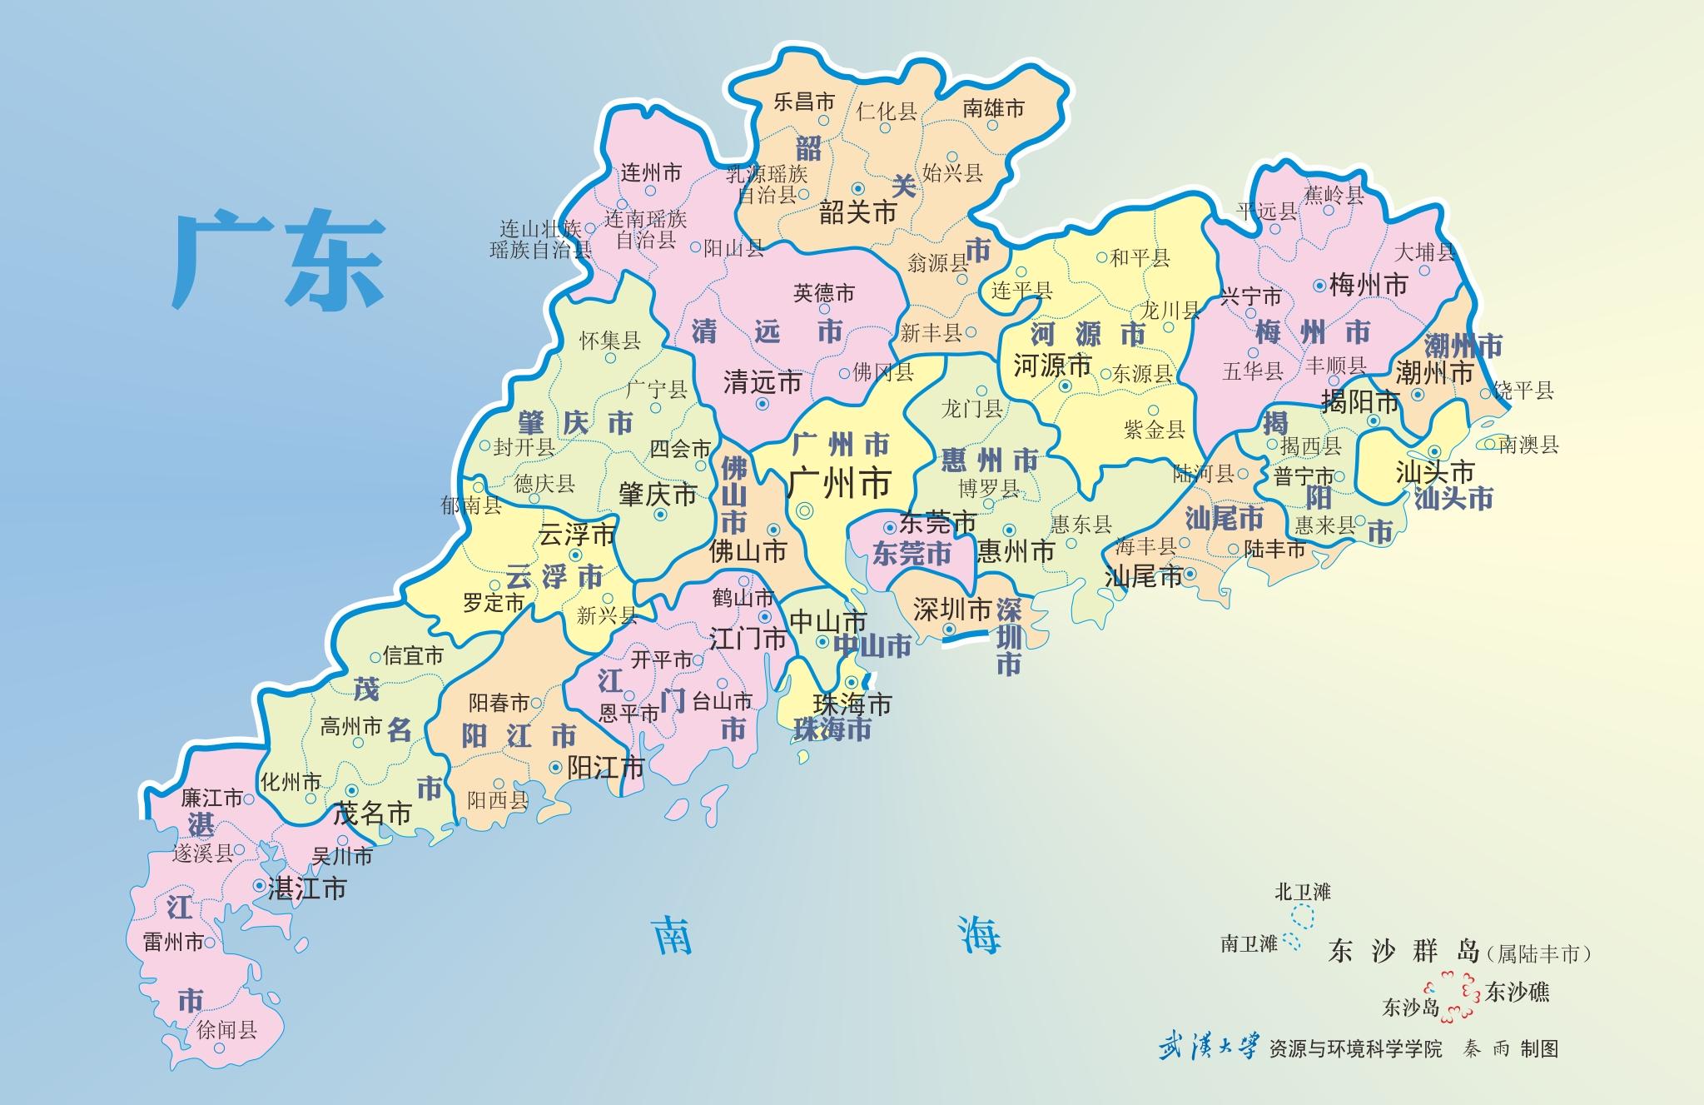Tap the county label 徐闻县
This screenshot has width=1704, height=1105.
pyautogui.click(x=226, y=1030)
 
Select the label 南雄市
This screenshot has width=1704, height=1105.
pyautogui.click(x=993, y=108)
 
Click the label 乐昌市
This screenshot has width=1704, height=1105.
pyautogui.click(x=803, y=102)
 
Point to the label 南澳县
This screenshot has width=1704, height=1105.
pyautogui.click(x=1528, y=445)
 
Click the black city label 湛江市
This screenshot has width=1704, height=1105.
pyautogui.click(x=307, y=888)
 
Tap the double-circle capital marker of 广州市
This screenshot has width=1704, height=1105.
pyautogui.click(x=804, y=512)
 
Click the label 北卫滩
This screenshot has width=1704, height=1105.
pyautogui.click(x=1303, y=892)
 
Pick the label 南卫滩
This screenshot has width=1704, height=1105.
pyautogui.click(x=1249, y=943)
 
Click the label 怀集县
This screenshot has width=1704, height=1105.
pyautogui.click(x=610, y=340)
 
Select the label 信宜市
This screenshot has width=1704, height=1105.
pyautogui.click(x=414, y=655)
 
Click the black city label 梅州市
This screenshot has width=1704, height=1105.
pyautogui.click(x=1369, y=286)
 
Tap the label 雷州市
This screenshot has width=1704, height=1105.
pyautogui.click(x=173, y=942)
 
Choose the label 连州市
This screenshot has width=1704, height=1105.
pyautogui.click(x=651, y=173)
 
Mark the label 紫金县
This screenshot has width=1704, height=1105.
pyautogui.click(x=1154, y=429)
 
